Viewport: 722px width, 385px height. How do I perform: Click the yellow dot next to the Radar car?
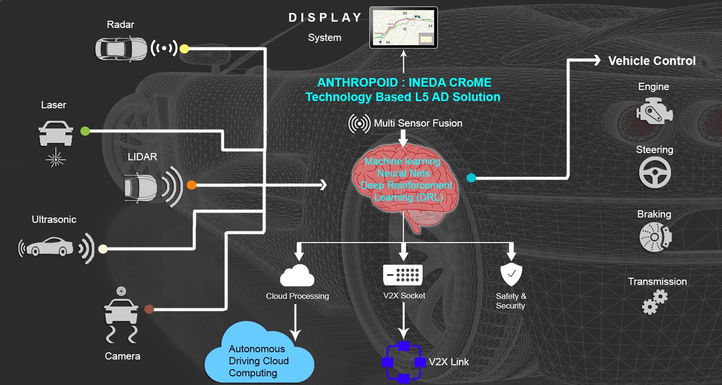[x=184, y=49]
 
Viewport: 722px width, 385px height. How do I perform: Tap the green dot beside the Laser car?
[x=85, y=130]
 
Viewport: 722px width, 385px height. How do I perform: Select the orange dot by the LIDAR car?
[x=192, y=185]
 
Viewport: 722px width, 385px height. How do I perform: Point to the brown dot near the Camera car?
[x=149, y=309]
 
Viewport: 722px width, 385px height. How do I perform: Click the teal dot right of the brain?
[x=471, y=178]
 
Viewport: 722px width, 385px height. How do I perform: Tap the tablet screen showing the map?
[x=403, y=27]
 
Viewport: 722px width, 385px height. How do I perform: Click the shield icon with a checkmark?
[x=511, y=275]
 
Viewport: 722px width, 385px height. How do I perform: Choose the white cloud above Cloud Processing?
[x=297, y=276]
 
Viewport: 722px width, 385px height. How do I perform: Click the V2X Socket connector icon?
[x=403, y=275]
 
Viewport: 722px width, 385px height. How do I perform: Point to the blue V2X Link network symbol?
[x=403, y=362]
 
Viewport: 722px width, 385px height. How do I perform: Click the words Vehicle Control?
[x=652, y=61]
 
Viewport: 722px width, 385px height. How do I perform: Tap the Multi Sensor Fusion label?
[x=418, y=124]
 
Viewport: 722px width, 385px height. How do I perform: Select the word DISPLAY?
[x=325, y=18]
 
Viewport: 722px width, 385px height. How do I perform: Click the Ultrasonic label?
[x=54, y=219]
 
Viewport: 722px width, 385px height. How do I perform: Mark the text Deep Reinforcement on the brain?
[x=407, y=185]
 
